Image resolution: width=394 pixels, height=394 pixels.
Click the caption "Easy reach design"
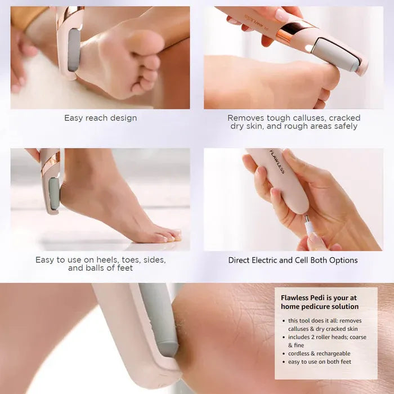[100, 118]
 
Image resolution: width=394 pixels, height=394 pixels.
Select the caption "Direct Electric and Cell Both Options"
[293, 260]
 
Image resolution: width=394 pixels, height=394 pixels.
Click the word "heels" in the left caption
[97, 260]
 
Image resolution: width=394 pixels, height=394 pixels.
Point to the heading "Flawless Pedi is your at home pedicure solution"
[320, 302]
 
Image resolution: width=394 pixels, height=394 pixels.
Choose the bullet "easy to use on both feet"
[319, 362]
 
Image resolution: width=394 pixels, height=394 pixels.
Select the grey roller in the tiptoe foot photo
[54, 194]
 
